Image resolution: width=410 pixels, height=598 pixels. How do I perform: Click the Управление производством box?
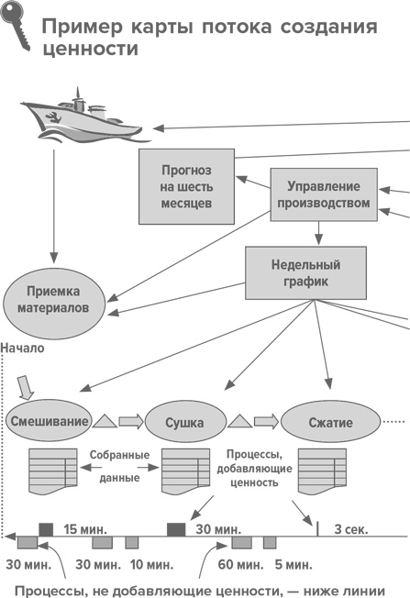323,194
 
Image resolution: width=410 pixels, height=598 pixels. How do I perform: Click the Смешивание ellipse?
49,422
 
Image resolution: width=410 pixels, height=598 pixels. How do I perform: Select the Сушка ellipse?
185,423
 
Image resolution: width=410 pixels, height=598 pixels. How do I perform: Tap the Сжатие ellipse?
329,423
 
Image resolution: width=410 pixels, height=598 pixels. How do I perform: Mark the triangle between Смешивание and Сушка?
106,421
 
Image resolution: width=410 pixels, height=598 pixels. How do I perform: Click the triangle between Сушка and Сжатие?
239,421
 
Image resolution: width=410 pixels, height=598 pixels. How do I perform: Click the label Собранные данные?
115,467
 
